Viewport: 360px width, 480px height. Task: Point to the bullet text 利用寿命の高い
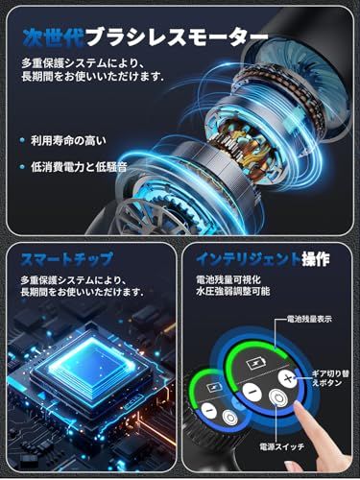63,140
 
